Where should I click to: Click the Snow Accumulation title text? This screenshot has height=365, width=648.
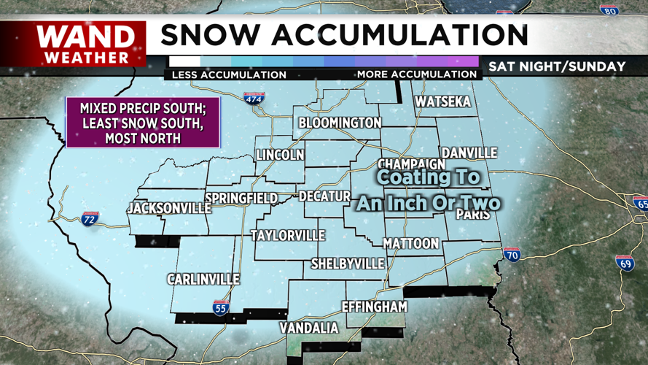coord(344,35)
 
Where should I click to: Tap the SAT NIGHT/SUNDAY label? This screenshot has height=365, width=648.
coord(557,66)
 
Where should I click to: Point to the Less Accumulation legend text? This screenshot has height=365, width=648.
coord(229,74)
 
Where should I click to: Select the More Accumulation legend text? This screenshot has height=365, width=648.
coord(416,74)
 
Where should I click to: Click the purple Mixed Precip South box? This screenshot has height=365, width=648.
coord(142,122)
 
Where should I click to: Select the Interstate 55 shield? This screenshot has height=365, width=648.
coord(221,307)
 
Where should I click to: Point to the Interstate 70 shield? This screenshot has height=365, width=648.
coord(512,254)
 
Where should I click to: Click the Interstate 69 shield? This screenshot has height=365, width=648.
coord(624,262)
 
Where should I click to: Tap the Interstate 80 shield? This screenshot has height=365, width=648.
coord(609,10)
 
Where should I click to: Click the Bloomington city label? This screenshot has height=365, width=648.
coord(340,123)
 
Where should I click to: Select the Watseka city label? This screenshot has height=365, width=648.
coord(442,102)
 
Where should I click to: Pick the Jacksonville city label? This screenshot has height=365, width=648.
coord(169,208)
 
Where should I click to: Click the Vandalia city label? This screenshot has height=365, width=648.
coord(309,328)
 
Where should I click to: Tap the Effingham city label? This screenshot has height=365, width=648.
coord(374,307)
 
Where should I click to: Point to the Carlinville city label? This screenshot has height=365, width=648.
coord(203,280)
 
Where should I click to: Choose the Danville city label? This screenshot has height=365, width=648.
coord(469,153)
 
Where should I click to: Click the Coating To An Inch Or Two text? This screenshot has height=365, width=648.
coord(429,190)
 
